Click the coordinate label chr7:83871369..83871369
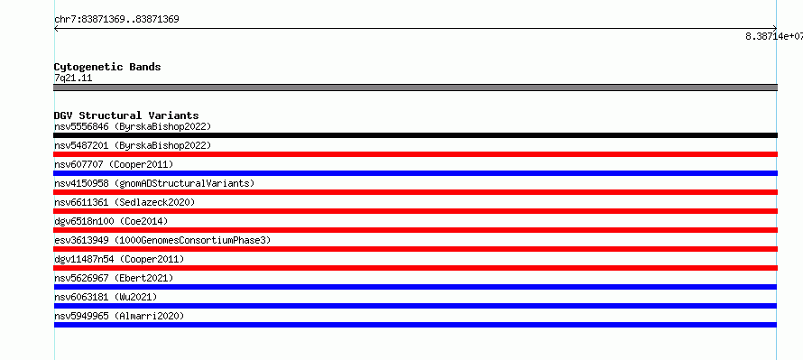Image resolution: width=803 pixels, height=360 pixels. coord(116,20)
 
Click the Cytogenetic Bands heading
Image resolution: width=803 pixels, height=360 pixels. coord(107,67)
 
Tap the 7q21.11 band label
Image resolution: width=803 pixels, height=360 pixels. coord(73,78)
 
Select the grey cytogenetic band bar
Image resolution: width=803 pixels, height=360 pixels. coord(415,88)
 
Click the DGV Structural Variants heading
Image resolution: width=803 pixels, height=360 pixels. coord(126,115)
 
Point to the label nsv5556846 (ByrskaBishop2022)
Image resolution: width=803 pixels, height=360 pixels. coord(133,126)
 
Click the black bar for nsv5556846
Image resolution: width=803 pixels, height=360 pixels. coord(415,135)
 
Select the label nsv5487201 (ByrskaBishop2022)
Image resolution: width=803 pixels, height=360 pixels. coord(133,145)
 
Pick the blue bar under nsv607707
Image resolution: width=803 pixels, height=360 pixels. coord(415,173)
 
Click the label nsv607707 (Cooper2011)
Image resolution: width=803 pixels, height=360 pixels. coord(114,164)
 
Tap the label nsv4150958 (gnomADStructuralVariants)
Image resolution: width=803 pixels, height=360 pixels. coord(154,183)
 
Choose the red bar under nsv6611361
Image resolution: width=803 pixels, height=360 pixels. coord(415,211)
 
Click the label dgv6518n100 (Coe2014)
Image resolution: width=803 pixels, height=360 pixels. coord(111,221)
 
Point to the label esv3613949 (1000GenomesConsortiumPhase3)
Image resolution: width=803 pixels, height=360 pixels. coord(162,240)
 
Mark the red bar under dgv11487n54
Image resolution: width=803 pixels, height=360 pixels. coord(415,268)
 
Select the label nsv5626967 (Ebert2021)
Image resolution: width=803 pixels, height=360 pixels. coord(114,278)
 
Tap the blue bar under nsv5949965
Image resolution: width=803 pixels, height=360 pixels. coord(415,325)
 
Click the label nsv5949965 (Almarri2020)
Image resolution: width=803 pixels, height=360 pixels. coord(119,316)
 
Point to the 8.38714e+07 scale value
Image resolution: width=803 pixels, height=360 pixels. coord(774,36)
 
